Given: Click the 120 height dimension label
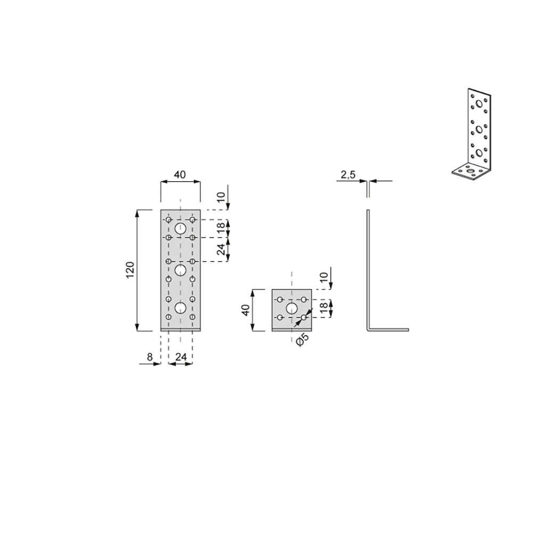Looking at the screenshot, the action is (x=130, y=270).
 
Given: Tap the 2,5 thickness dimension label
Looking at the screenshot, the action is (x=348, y=175).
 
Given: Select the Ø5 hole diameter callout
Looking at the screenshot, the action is (x=302, y=340).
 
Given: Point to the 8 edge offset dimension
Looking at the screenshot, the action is (x=150, y=357).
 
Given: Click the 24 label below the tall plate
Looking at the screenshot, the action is (x=181, y=357).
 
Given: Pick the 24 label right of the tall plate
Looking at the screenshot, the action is (x=221, y=249).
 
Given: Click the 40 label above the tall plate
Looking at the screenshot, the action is (x=180, y=174).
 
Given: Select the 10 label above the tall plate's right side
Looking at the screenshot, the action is (x=221, y=198).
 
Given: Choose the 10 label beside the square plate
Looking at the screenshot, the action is (x=324, y=277).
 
